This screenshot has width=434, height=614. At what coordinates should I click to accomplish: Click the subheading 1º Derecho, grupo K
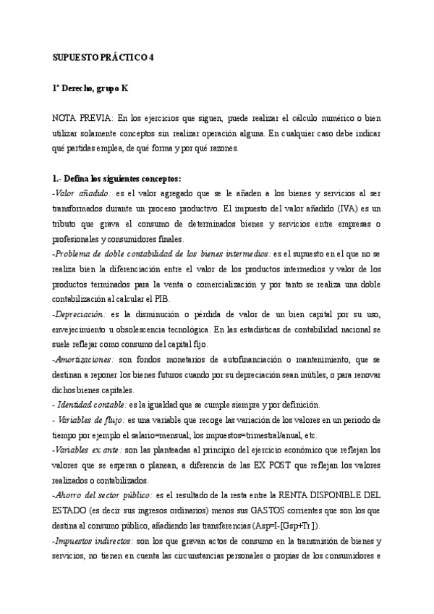[x=90, y=88]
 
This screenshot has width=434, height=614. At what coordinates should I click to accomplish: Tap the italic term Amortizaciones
[x=82, y=359]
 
